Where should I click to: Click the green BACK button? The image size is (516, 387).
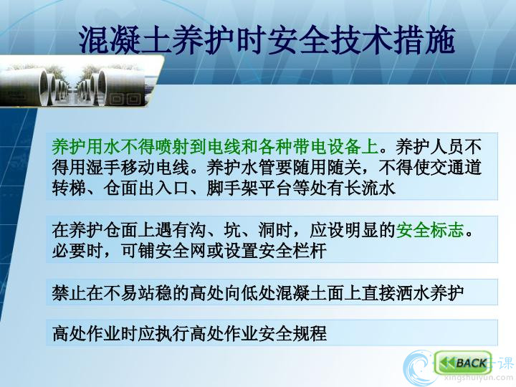pyautogui.click(x=463, y=363)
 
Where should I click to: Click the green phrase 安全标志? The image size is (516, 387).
pyautogui.click(x=430, y=230)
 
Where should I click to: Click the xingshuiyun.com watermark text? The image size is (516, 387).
pyautogui.click(x=478, y=378)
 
